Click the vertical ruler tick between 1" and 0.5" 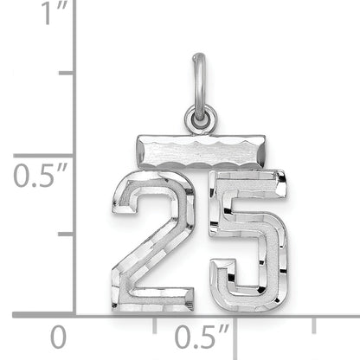[x=83, y=74]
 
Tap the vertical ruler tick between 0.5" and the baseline [x=83, y=235]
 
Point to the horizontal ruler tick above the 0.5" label [x=235, y=321]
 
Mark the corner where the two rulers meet [x=75, y=314]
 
